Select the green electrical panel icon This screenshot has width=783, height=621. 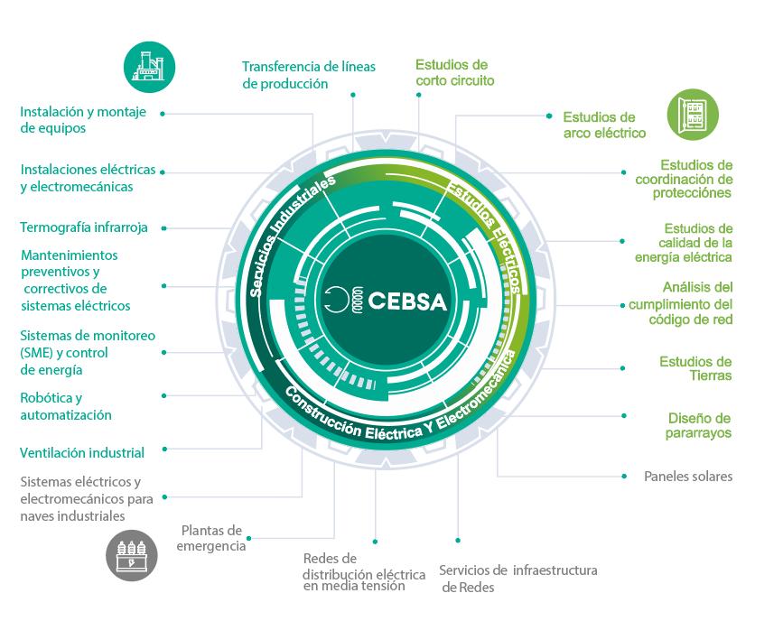coord(693,115)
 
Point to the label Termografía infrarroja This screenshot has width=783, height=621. coord(83,227)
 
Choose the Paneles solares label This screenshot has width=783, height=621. coord(687,476)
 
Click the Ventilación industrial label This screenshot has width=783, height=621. coord(81,452)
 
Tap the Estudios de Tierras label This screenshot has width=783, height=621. coord(694,368)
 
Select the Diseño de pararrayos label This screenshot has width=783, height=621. coord(699,425)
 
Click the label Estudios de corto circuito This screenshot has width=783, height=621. coord(454,72)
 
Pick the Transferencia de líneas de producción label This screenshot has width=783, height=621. coord(308,75)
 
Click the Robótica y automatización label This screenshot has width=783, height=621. coord(66,406)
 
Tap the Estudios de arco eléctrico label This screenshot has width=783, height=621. coord(603,125)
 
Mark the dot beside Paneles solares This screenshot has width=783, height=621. coord(624,475)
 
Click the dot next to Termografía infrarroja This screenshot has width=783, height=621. coord(166,227)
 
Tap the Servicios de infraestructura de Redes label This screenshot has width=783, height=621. coord(517,579)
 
